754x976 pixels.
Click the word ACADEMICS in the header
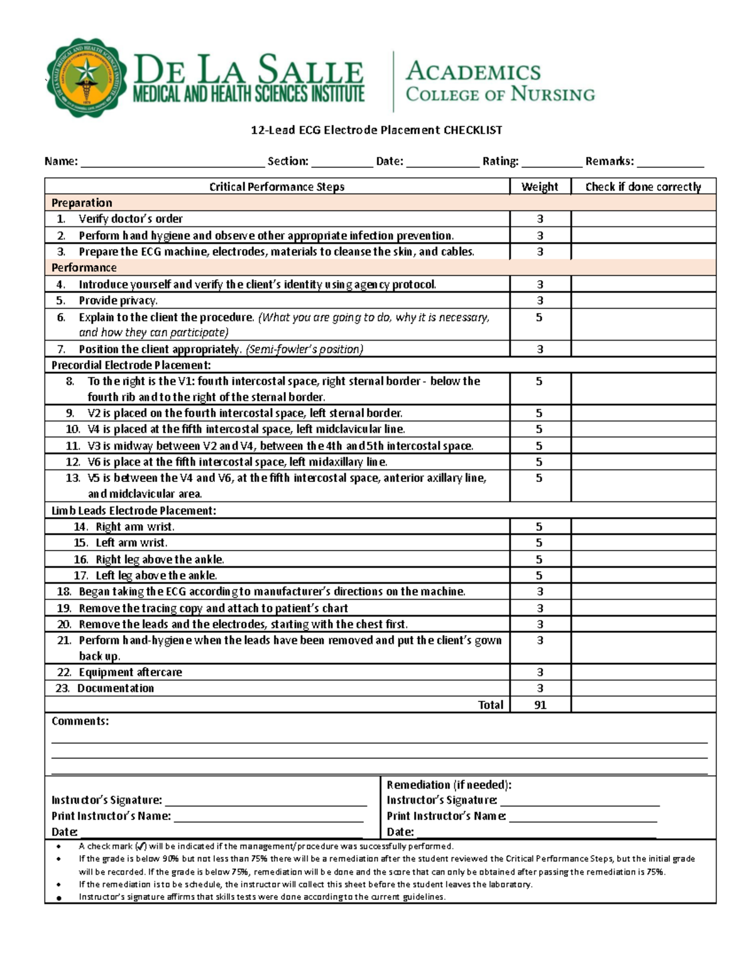(473, 71)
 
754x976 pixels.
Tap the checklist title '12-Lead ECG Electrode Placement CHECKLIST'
(376, 130)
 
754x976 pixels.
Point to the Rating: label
(500, 162)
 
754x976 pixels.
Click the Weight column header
(539, 187)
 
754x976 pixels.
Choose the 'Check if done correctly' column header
(643, 187)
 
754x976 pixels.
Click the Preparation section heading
(82, 203)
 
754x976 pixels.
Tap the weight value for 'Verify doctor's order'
(540, 219)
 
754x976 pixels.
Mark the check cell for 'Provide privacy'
(643, 301)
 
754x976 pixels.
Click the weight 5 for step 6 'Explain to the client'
(539, 317)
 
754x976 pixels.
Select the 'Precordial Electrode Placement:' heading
(131, 365)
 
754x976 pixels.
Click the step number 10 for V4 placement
(73, 429)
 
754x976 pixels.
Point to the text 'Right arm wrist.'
(135, 527)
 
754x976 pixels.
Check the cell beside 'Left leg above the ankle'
(643, 576)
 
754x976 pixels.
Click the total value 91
(540, 705)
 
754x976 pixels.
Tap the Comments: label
(80, 721)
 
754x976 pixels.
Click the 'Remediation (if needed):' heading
(449, 785)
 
